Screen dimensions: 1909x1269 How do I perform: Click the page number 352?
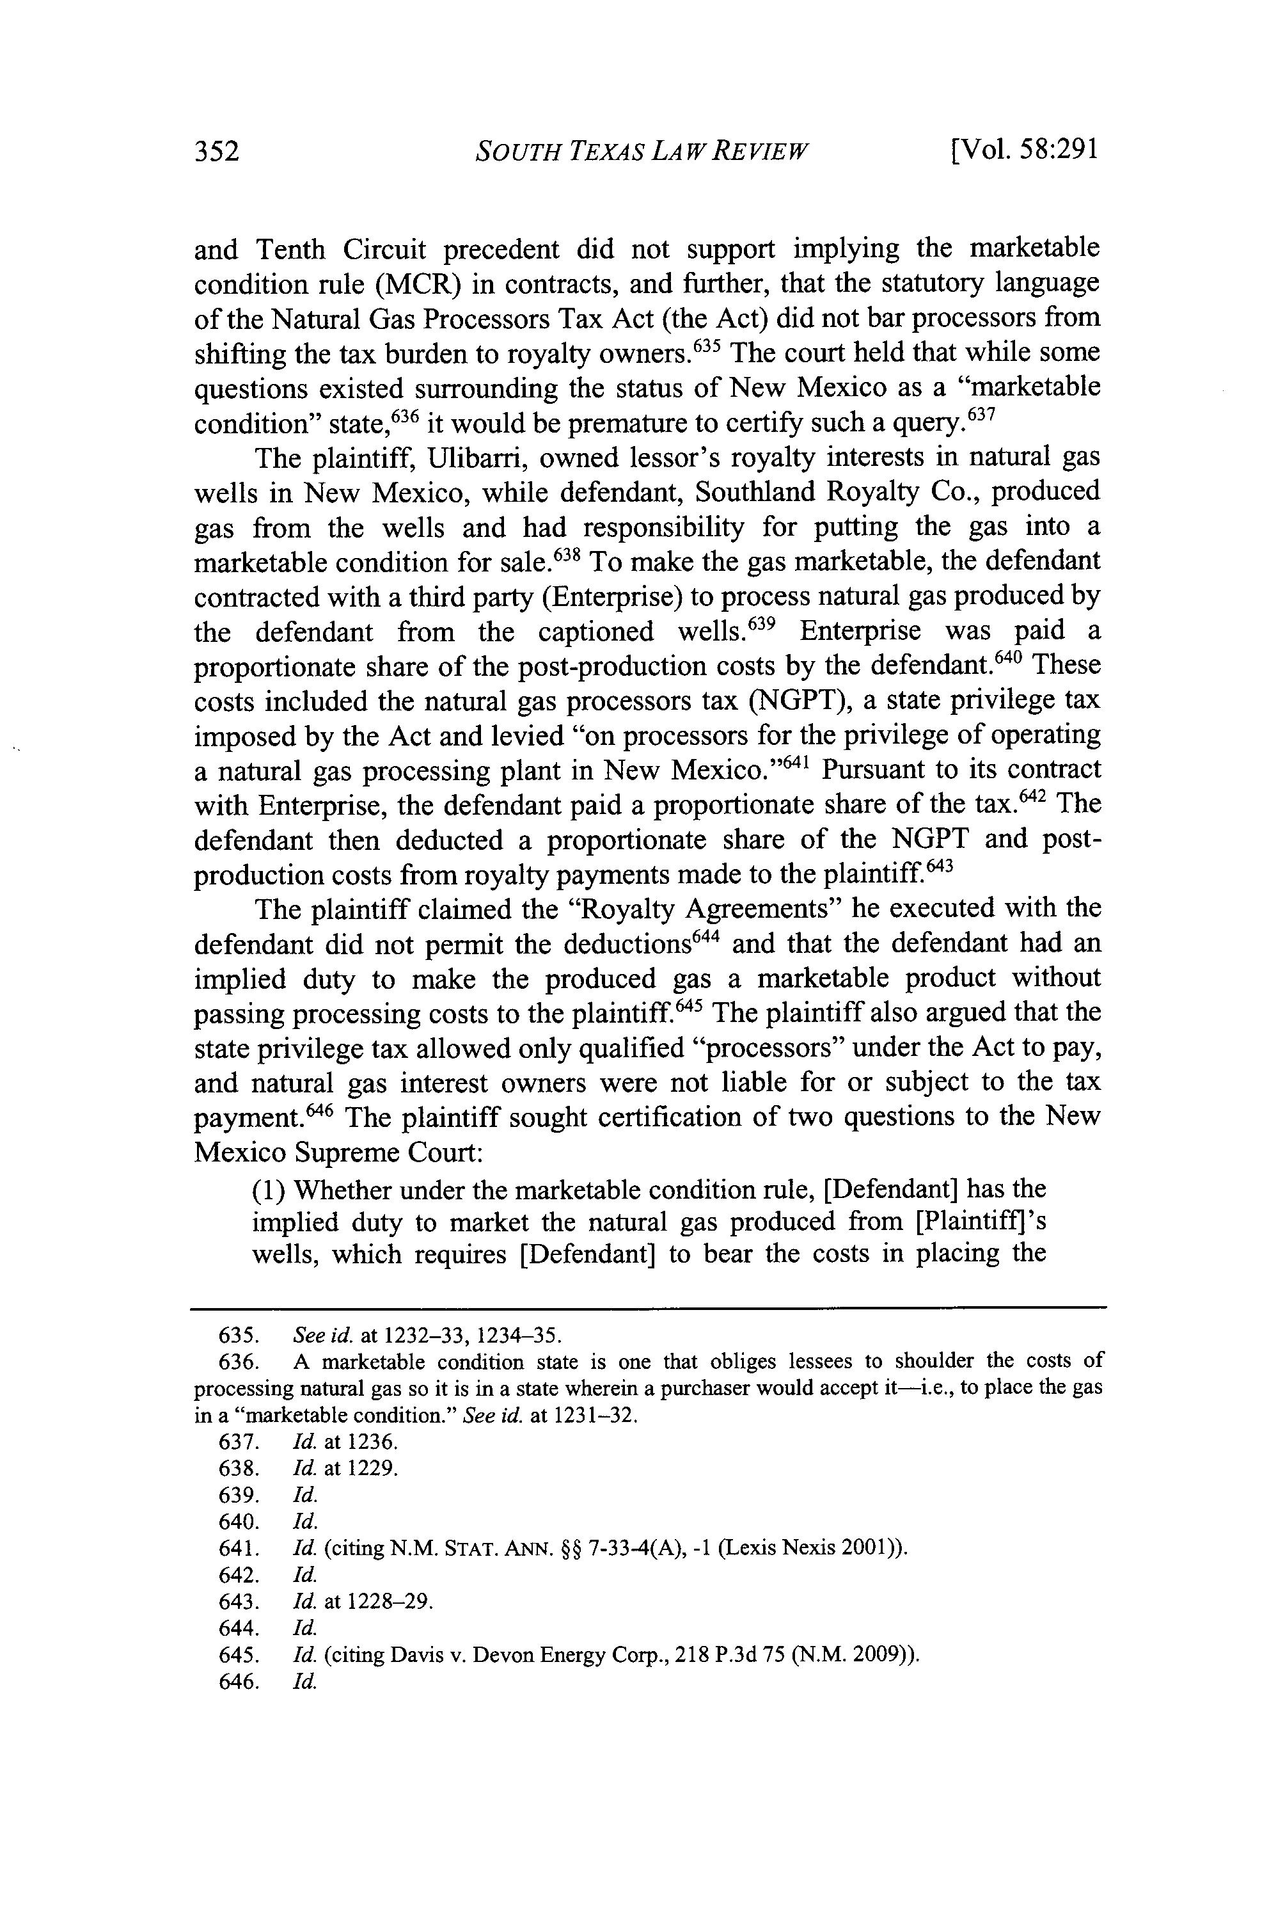coord(217,152)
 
